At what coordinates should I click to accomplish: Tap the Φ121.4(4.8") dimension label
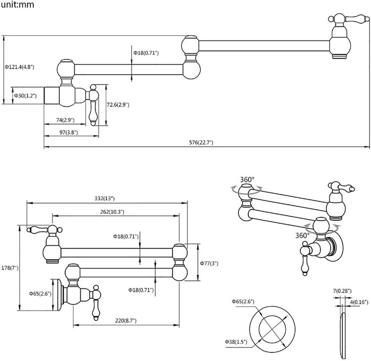click(19, 66)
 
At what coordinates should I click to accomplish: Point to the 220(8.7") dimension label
click(126, 320)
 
